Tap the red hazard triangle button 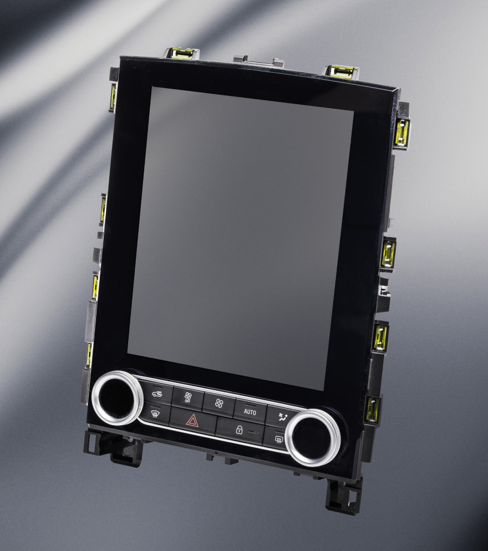pyautogui.click(x=192, y=420)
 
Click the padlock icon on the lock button pyautogui.click(x=239, y=430)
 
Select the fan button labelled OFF pyautogui.click(x=188, y=398)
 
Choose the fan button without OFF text pyautogui.click(x=218, y=403)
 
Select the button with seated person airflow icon pyautogui.click(x=283, y=417)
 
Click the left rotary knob pyautogui.click(x=118, y=398)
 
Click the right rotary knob pyautogui.click(x=313, y=437)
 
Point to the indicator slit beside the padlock pyautogui.click(x=256, y=432)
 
